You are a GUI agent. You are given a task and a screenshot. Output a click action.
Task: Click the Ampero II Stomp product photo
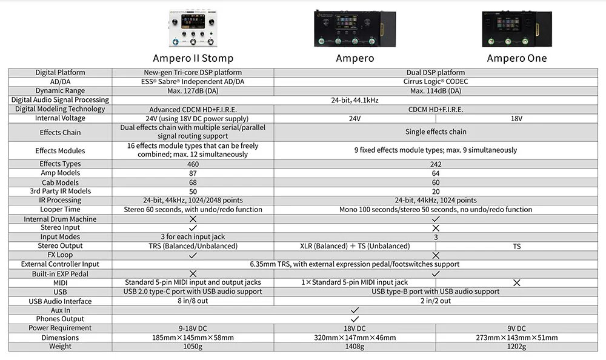pos(193,28)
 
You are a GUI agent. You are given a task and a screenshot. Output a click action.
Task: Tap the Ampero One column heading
pos(517,58)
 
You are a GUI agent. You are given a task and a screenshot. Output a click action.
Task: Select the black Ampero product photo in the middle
pos(355,28)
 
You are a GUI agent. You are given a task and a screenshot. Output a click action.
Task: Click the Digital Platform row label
pos(60,72)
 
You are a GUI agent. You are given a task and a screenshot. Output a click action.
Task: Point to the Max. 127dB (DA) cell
pos(193,91)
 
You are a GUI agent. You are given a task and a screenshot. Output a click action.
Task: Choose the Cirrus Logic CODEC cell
pos(436,82)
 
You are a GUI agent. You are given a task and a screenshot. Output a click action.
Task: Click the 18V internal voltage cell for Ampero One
pos(517,119)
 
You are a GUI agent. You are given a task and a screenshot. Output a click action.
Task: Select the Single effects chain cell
pos(436,132)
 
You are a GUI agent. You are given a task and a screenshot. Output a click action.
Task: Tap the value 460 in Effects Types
pos(193,164)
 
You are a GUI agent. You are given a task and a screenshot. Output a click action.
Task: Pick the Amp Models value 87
pos(193,173)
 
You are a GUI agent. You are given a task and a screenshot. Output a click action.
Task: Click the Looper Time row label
pos(60,210)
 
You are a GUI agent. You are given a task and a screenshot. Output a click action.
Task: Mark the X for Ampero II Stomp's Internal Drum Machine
pos(193,219)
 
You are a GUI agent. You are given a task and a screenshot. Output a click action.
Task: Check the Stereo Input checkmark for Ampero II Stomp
pos(193,228)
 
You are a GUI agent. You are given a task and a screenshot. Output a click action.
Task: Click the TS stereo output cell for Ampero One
pos(517,246)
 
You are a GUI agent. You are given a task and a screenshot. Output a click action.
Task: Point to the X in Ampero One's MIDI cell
pos(517,283)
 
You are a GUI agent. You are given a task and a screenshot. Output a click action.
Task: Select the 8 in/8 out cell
pos(193,301)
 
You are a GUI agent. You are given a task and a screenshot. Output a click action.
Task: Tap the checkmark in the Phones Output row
pos(355,319)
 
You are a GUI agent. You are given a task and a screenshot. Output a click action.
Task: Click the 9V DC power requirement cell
pos(517,328)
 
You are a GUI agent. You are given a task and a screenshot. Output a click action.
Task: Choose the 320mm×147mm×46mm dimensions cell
pos(355,338)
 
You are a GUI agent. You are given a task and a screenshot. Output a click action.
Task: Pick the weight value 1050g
pos(193,347)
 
